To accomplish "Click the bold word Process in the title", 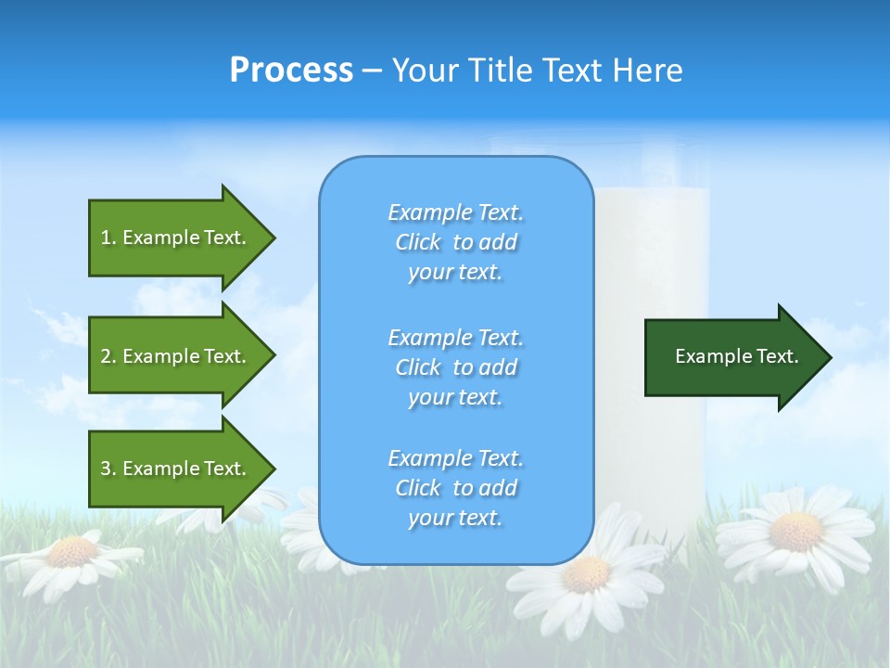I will tap(291, 71).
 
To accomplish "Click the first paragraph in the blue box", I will tap(455, 242).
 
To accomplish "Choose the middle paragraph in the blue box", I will tap(455, 367).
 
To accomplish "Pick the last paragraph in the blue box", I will tap(455, 488).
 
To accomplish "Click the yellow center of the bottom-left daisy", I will tap(72, 552).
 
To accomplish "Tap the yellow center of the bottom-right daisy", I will tap(795, 531).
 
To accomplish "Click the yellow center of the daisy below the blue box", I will tap(586, 574).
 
